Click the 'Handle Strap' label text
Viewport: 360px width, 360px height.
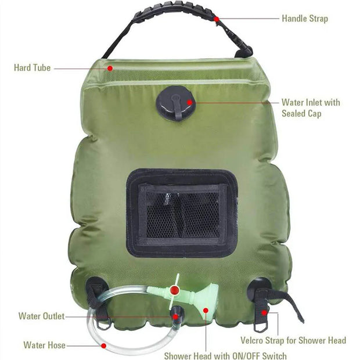click(x=304, y=19)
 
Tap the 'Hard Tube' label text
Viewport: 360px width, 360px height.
click(x=32, y=68)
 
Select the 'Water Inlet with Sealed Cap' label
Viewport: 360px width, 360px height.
click(x=311, y=108)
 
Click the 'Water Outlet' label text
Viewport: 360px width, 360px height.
click(x=41, y=316)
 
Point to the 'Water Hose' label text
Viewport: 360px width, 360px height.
click(x=44, y=345)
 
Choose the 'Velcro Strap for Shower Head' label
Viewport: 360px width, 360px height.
click(x=293, y=340)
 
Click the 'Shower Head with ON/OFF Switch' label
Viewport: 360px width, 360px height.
click(x=225, y=355)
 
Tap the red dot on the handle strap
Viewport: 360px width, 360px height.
click(x=216, y=19)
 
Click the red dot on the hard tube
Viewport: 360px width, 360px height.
click(x=109, y=68)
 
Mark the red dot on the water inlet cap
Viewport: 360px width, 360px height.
click(x=189, y=102)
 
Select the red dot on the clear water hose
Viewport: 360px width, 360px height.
click(x=103, y=345)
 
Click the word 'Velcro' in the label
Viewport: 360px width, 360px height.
click(x=253, y=340)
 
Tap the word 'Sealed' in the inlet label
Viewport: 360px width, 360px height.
click(x=294, y=114)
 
